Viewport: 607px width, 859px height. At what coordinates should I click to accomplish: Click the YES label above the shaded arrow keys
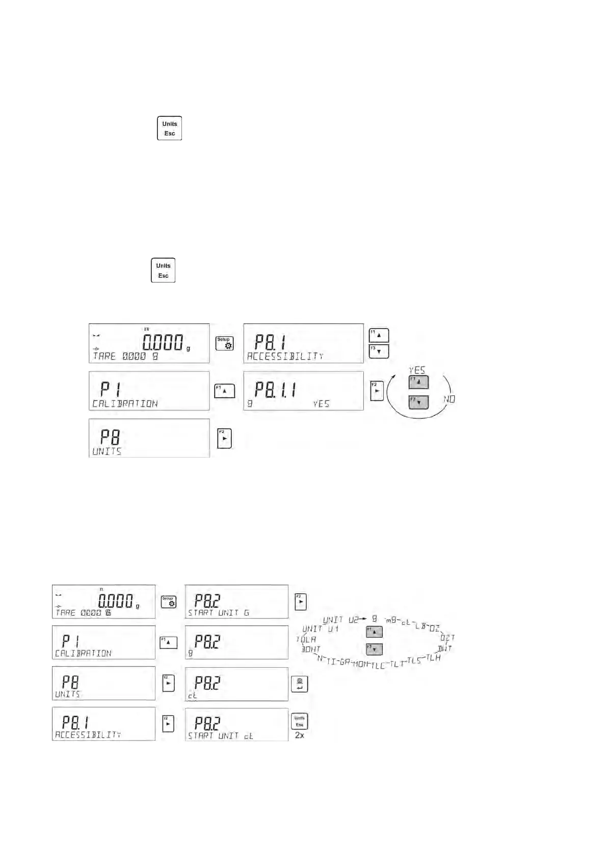coord(416,370)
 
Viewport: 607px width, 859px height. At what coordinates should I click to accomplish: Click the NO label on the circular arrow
coord(449,399)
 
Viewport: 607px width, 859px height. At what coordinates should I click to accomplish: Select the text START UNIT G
coord(219,613)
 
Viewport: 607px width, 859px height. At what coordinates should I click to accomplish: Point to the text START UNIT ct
coord(221,736)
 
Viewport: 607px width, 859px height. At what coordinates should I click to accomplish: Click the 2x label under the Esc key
coord(299,736)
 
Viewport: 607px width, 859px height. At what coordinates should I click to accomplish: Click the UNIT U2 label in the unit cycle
coord(340,620)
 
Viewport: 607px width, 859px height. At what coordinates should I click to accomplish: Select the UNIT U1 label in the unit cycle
coord(320,629)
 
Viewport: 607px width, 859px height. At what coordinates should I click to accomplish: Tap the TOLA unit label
coord(306,639)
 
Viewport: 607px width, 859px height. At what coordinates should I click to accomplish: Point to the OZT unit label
coord(447,638)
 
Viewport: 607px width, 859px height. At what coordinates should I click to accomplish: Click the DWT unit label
coord(445,649)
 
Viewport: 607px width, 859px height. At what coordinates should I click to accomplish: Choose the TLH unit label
coord(433,657)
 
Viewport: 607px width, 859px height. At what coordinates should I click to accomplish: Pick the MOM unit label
coord(360,664)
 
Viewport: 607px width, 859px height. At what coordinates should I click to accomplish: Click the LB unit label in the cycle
coord(420,626)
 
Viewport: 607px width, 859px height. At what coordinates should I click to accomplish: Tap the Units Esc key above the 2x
coord(299,721)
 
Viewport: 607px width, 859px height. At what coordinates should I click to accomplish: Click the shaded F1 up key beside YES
coord(418,382)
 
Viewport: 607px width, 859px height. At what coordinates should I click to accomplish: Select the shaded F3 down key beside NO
coord(418,402)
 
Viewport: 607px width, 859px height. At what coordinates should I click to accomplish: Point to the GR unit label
coord(345,662)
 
